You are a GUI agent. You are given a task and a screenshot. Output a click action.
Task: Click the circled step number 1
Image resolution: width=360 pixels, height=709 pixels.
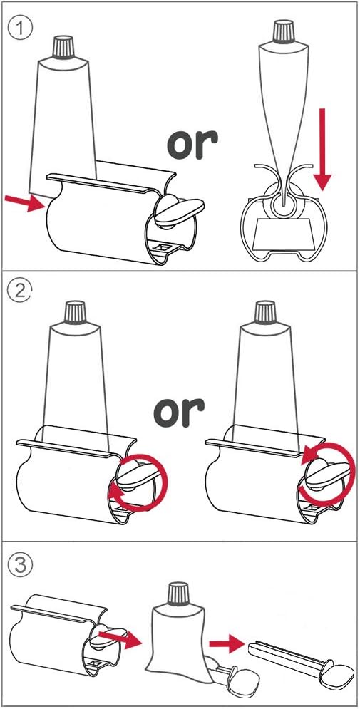pos(21,29)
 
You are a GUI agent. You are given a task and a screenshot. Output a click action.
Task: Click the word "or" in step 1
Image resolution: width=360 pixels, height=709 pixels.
pos(192,142)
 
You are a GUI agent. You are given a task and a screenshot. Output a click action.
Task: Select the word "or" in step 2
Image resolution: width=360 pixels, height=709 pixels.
pos(180,413)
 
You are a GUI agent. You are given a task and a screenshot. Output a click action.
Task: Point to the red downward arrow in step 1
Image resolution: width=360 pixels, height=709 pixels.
pos(322,149)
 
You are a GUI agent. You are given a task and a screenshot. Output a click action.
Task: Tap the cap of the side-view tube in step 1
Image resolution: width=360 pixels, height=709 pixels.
pos(283,32)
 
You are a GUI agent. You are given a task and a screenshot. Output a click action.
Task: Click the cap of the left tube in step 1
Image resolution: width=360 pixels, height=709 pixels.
pos(63,47)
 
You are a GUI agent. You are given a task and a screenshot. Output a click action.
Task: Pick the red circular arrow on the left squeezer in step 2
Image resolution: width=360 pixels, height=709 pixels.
pos(138,483)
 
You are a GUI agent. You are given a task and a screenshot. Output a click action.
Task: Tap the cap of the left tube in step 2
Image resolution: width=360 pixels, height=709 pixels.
pos(75,313)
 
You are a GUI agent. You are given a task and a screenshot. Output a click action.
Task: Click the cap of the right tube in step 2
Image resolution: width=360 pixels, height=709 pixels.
pos(265,313)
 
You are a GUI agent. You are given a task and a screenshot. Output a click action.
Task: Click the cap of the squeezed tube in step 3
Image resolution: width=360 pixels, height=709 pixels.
pos(180,594)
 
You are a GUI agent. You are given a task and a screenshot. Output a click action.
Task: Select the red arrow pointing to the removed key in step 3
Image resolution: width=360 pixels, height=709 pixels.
pos(227,643)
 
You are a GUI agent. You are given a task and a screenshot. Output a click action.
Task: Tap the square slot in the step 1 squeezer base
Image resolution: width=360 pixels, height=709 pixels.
pos(162,247)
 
